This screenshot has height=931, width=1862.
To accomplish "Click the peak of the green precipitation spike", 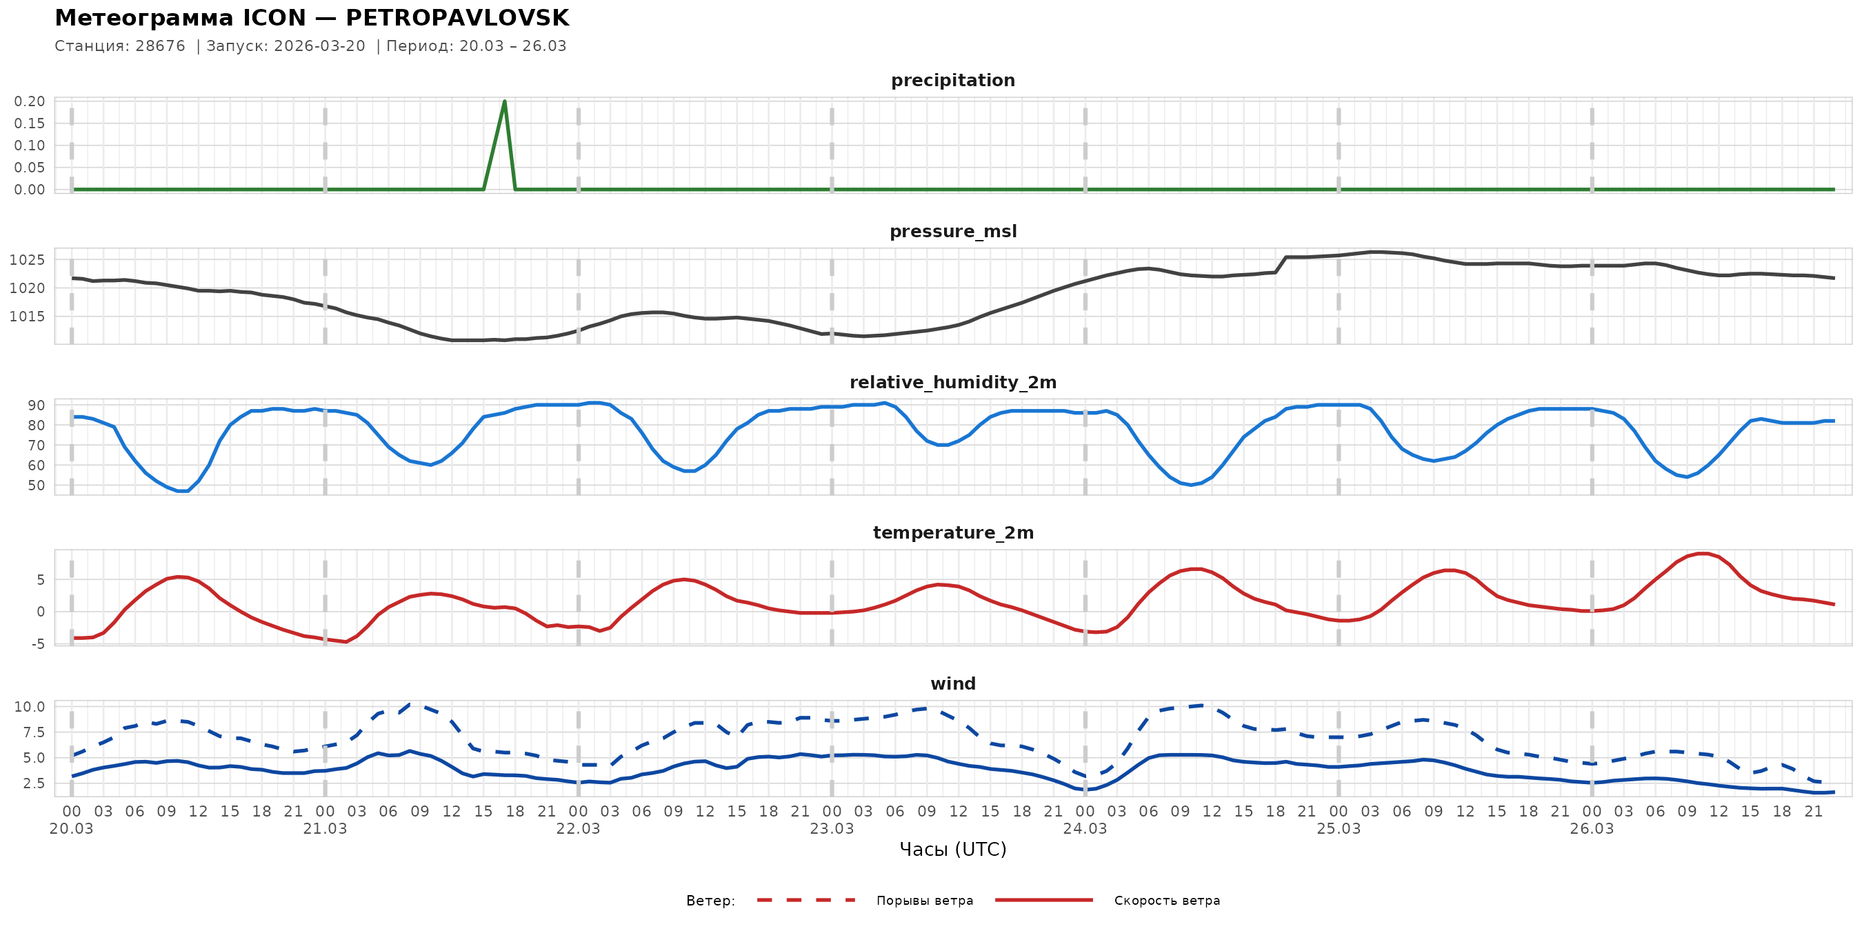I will tap(504, 102).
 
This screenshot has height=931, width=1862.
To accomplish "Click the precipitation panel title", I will tap(952, 80).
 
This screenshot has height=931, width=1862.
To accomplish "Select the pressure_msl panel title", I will tap(952, 231).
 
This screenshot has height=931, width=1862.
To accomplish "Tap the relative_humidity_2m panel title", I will tap(952, 382).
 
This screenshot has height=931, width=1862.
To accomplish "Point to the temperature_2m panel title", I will tap(952, 532).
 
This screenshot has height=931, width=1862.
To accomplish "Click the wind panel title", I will tap(952, 684).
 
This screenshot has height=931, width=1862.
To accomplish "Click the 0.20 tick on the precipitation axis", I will tap(30, 101).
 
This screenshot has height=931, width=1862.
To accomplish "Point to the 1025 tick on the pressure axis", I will tap(27, 260).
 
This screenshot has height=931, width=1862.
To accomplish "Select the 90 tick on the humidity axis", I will tap(36, 406).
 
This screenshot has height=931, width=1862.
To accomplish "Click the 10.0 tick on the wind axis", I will tap(30, 707).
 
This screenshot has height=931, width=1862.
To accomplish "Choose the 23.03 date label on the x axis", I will tap(831, 829).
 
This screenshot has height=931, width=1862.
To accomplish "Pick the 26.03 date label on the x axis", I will tap(1592, 829).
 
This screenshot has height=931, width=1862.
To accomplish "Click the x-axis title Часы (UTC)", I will tap(952, 850).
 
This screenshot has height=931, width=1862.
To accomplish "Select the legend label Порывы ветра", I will tap(925, 901).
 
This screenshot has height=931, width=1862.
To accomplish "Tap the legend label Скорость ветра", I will tap(1167, 901).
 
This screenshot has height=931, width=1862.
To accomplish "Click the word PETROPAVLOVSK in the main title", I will tap(457, 18).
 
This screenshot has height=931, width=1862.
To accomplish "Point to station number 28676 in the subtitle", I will tap(160, 46).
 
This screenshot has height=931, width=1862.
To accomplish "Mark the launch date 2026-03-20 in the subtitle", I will tap(319, 46).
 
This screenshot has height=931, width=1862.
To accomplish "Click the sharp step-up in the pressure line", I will tap(1280, 265).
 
